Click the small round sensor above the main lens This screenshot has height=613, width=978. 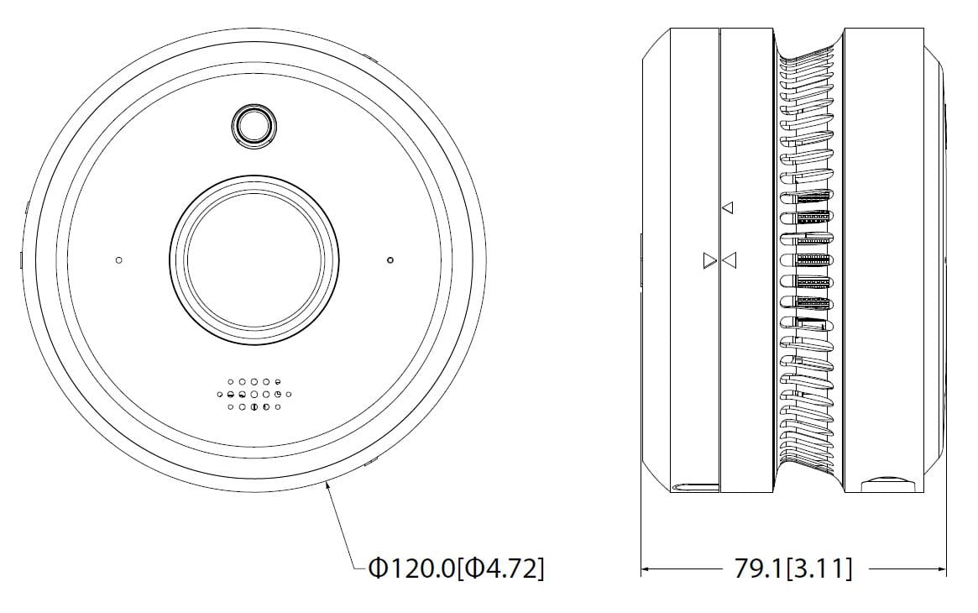[254, 127]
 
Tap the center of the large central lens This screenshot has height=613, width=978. [254, 260]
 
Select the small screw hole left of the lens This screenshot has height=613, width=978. [118, 260]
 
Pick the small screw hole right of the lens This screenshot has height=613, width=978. [390, 260]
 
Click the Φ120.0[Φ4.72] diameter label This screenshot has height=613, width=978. [457, 568]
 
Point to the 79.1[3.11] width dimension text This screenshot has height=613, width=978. [792, 568]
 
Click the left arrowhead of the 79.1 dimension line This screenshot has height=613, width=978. [649, 568]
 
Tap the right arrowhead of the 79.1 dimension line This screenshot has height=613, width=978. [939, 568]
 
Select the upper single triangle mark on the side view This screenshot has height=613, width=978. [727, 207]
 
